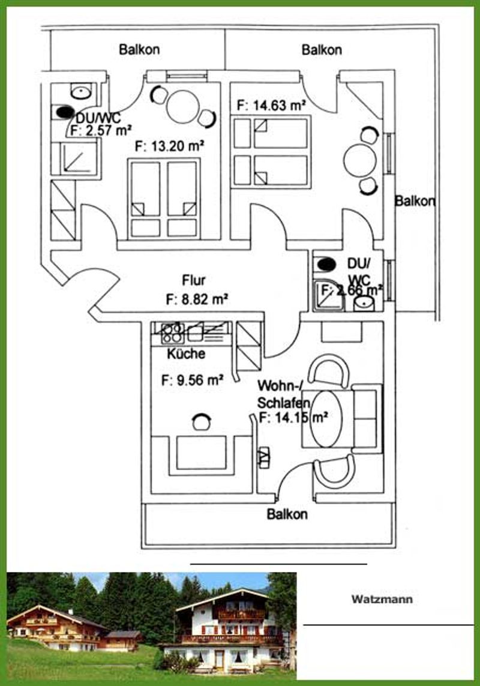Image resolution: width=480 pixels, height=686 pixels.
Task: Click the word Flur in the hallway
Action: (x=193, y=280)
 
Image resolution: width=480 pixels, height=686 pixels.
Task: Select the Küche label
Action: (x=186, y=354)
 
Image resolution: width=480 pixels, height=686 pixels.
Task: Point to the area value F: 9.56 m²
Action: (x=193, y=380)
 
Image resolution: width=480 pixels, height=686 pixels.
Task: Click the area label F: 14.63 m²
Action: (x=271, y=106)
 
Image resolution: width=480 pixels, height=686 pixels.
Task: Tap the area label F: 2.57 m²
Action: (x=101, y=130)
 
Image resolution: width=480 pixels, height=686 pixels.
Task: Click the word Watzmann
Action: (x=382, y=599)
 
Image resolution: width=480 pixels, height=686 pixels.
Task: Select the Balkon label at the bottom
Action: (x=287, y=514)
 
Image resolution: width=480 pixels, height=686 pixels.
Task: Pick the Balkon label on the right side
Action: (x=415, y=201)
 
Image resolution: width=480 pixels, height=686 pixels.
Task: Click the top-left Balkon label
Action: (x=139, y=49)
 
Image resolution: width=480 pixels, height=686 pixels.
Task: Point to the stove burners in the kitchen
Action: (x=172, y=333)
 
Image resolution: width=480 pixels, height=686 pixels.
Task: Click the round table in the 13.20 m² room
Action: (x=183, y=107)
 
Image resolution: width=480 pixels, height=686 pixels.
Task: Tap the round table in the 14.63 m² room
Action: (x=360, y=161)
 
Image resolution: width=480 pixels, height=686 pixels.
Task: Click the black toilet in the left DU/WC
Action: (x=65, y=112)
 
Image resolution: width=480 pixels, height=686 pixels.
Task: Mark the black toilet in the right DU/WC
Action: (x=326, y=264)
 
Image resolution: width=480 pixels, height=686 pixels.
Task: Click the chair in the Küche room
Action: (x=201, y=422)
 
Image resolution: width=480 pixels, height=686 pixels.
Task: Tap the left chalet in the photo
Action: (x=57, y=627)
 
